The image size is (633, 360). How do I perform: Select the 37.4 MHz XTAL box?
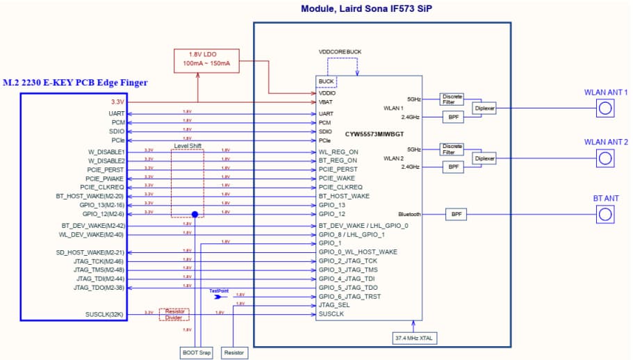[x=414, y=338]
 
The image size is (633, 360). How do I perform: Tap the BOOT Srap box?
[x=197, y=352]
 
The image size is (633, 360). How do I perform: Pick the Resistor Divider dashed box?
[x=174, y=314]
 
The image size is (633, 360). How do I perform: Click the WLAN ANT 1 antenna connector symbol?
[x=605, y=108]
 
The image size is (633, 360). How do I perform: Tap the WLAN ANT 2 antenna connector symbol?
[x=605, y=158]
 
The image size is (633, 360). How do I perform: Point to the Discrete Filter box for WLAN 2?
[x=452, y=149]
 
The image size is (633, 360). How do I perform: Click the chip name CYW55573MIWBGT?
[x=375, y=133]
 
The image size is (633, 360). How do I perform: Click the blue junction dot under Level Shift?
[x=195, y=215]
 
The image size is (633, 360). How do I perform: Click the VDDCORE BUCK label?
[x=340, y=51]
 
